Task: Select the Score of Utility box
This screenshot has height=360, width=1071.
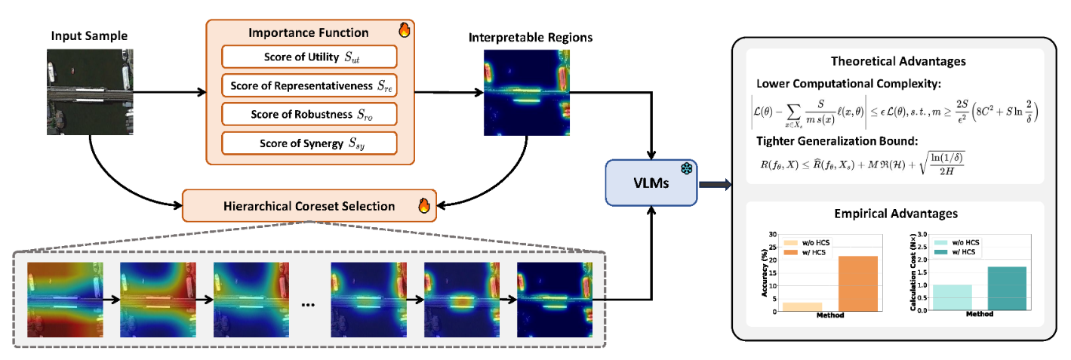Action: [x=310, y=57]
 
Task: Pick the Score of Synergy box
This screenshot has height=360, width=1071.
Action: [x=310, y=142]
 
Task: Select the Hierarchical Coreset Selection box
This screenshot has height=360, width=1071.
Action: [x=309, y=206]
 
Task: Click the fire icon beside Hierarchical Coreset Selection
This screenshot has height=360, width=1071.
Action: [x=423, y=206]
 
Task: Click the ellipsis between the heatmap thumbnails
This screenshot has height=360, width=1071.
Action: [x=308, y=305]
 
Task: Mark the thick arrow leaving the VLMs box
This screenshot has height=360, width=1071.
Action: [x=715, y=183]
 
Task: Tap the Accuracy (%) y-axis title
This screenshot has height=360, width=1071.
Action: [x=765, y=275]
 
